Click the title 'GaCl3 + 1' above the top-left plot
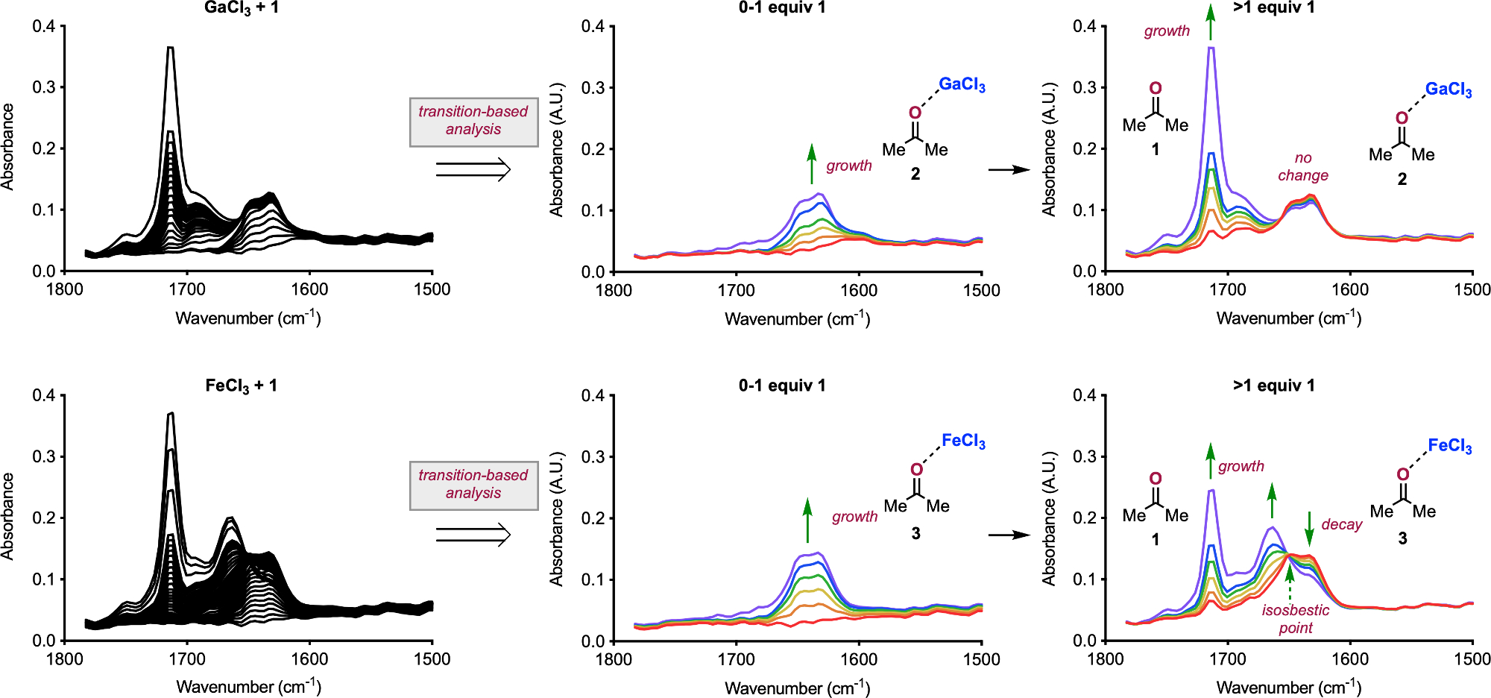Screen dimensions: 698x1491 tap(241, 9)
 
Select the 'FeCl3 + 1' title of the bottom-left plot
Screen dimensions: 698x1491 tap(241, 386)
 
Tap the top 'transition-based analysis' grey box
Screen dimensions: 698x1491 tap(473, 121)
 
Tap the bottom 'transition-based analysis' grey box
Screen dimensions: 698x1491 tap(473, 485)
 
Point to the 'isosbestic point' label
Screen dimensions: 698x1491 tap(1295, 619)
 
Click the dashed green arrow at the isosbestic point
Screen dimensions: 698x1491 tap(1290, 585)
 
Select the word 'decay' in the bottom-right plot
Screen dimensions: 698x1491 tap(1341, 524)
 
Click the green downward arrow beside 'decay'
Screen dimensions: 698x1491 tap(1309, 529)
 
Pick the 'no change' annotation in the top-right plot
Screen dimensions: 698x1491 tap(1302, 166)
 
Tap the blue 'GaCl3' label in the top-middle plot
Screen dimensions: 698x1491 tap(962, 84)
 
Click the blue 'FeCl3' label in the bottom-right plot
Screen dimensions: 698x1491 tap(1449, 446)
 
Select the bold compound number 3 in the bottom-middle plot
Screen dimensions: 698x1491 tap(915, 534)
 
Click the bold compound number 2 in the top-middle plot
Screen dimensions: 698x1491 tap(915, 174)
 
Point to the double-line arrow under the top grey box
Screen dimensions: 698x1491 tap(473, 170)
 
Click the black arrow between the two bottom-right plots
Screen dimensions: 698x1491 tap(1009, 535)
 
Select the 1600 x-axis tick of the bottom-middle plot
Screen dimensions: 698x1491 tap(859, 659)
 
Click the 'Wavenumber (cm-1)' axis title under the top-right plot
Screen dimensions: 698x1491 tap(1289, 318)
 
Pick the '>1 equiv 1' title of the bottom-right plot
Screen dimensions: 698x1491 tap(1273, 386)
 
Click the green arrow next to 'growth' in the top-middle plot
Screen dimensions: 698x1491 tap(812, 164)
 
